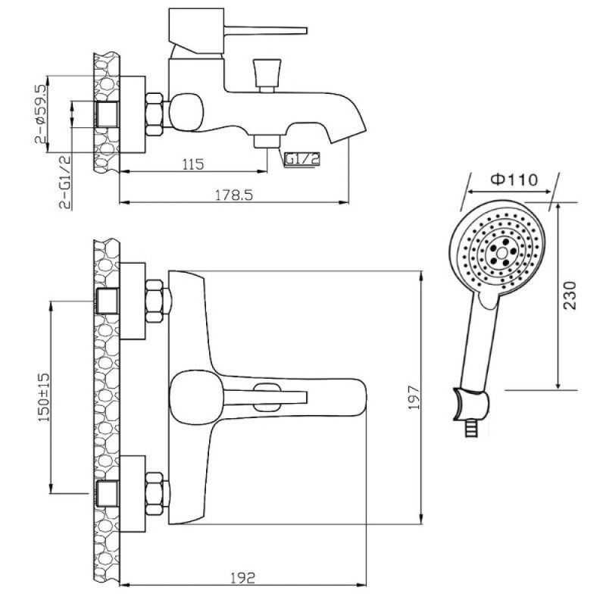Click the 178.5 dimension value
pyautogui.click(x=233, y=195)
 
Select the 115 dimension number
pyautogui.click(x=193, y=164)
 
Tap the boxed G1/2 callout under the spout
pyautogui.click(x=302, y=159)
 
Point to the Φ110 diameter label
pyautogui.click(x=514, y=180)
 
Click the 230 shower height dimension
pyautogui.click(x=570, y=295)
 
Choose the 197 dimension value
pyautogui.click(x=413, y=397)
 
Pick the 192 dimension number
pyautogui.click(x=243, y=578)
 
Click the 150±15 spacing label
pyautogui.click(x=44, y=397)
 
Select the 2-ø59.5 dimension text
pyautogui.click(x=40, y=114)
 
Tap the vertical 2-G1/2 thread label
pyautogui.click(x=65, y=182)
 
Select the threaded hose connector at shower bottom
pyautogui.click(x=470, y=429)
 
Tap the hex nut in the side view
pyautogui.click(x=155, y=114)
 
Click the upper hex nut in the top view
pyautogui.click(x=155, y=301)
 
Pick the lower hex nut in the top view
pyautogui.click(x=155, y=494)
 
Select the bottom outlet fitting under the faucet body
pyautogui.click(x=267, y=141)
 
